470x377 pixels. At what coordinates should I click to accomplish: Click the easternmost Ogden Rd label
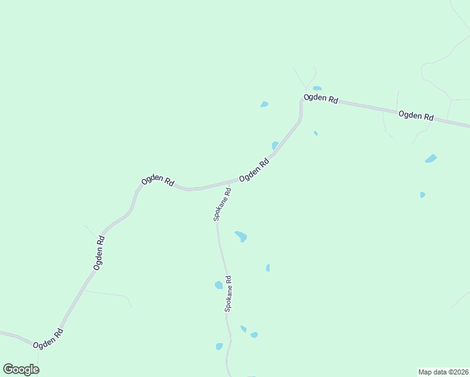click(416, 116)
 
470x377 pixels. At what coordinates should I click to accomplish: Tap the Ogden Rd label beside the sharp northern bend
click(321, 99)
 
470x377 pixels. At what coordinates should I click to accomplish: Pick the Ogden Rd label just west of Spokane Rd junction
click(158, 180)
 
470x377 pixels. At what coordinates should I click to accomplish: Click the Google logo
click(21, 369)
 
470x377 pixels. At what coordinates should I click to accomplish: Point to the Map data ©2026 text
click(443, 371)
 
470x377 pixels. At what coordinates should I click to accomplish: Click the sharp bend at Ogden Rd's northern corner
click(302, 101)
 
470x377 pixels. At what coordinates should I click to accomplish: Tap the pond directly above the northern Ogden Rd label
click(317, 89)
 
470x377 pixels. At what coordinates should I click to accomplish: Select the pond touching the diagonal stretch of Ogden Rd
click(275, 146)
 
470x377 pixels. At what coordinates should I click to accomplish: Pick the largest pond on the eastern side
click(430, 158)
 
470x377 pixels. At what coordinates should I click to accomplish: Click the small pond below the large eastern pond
click(422, 195)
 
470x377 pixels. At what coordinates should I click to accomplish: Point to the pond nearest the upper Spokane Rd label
click(241, 236)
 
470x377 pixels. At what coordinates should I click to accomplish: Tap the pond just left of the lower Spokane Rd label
click(219, 285)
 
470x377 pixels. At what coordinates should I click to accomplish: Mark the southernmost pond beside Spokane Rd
click(219, 346)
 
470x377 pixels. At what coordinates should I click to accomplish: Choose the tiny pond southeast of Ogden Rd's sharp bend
click(315, 133)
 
